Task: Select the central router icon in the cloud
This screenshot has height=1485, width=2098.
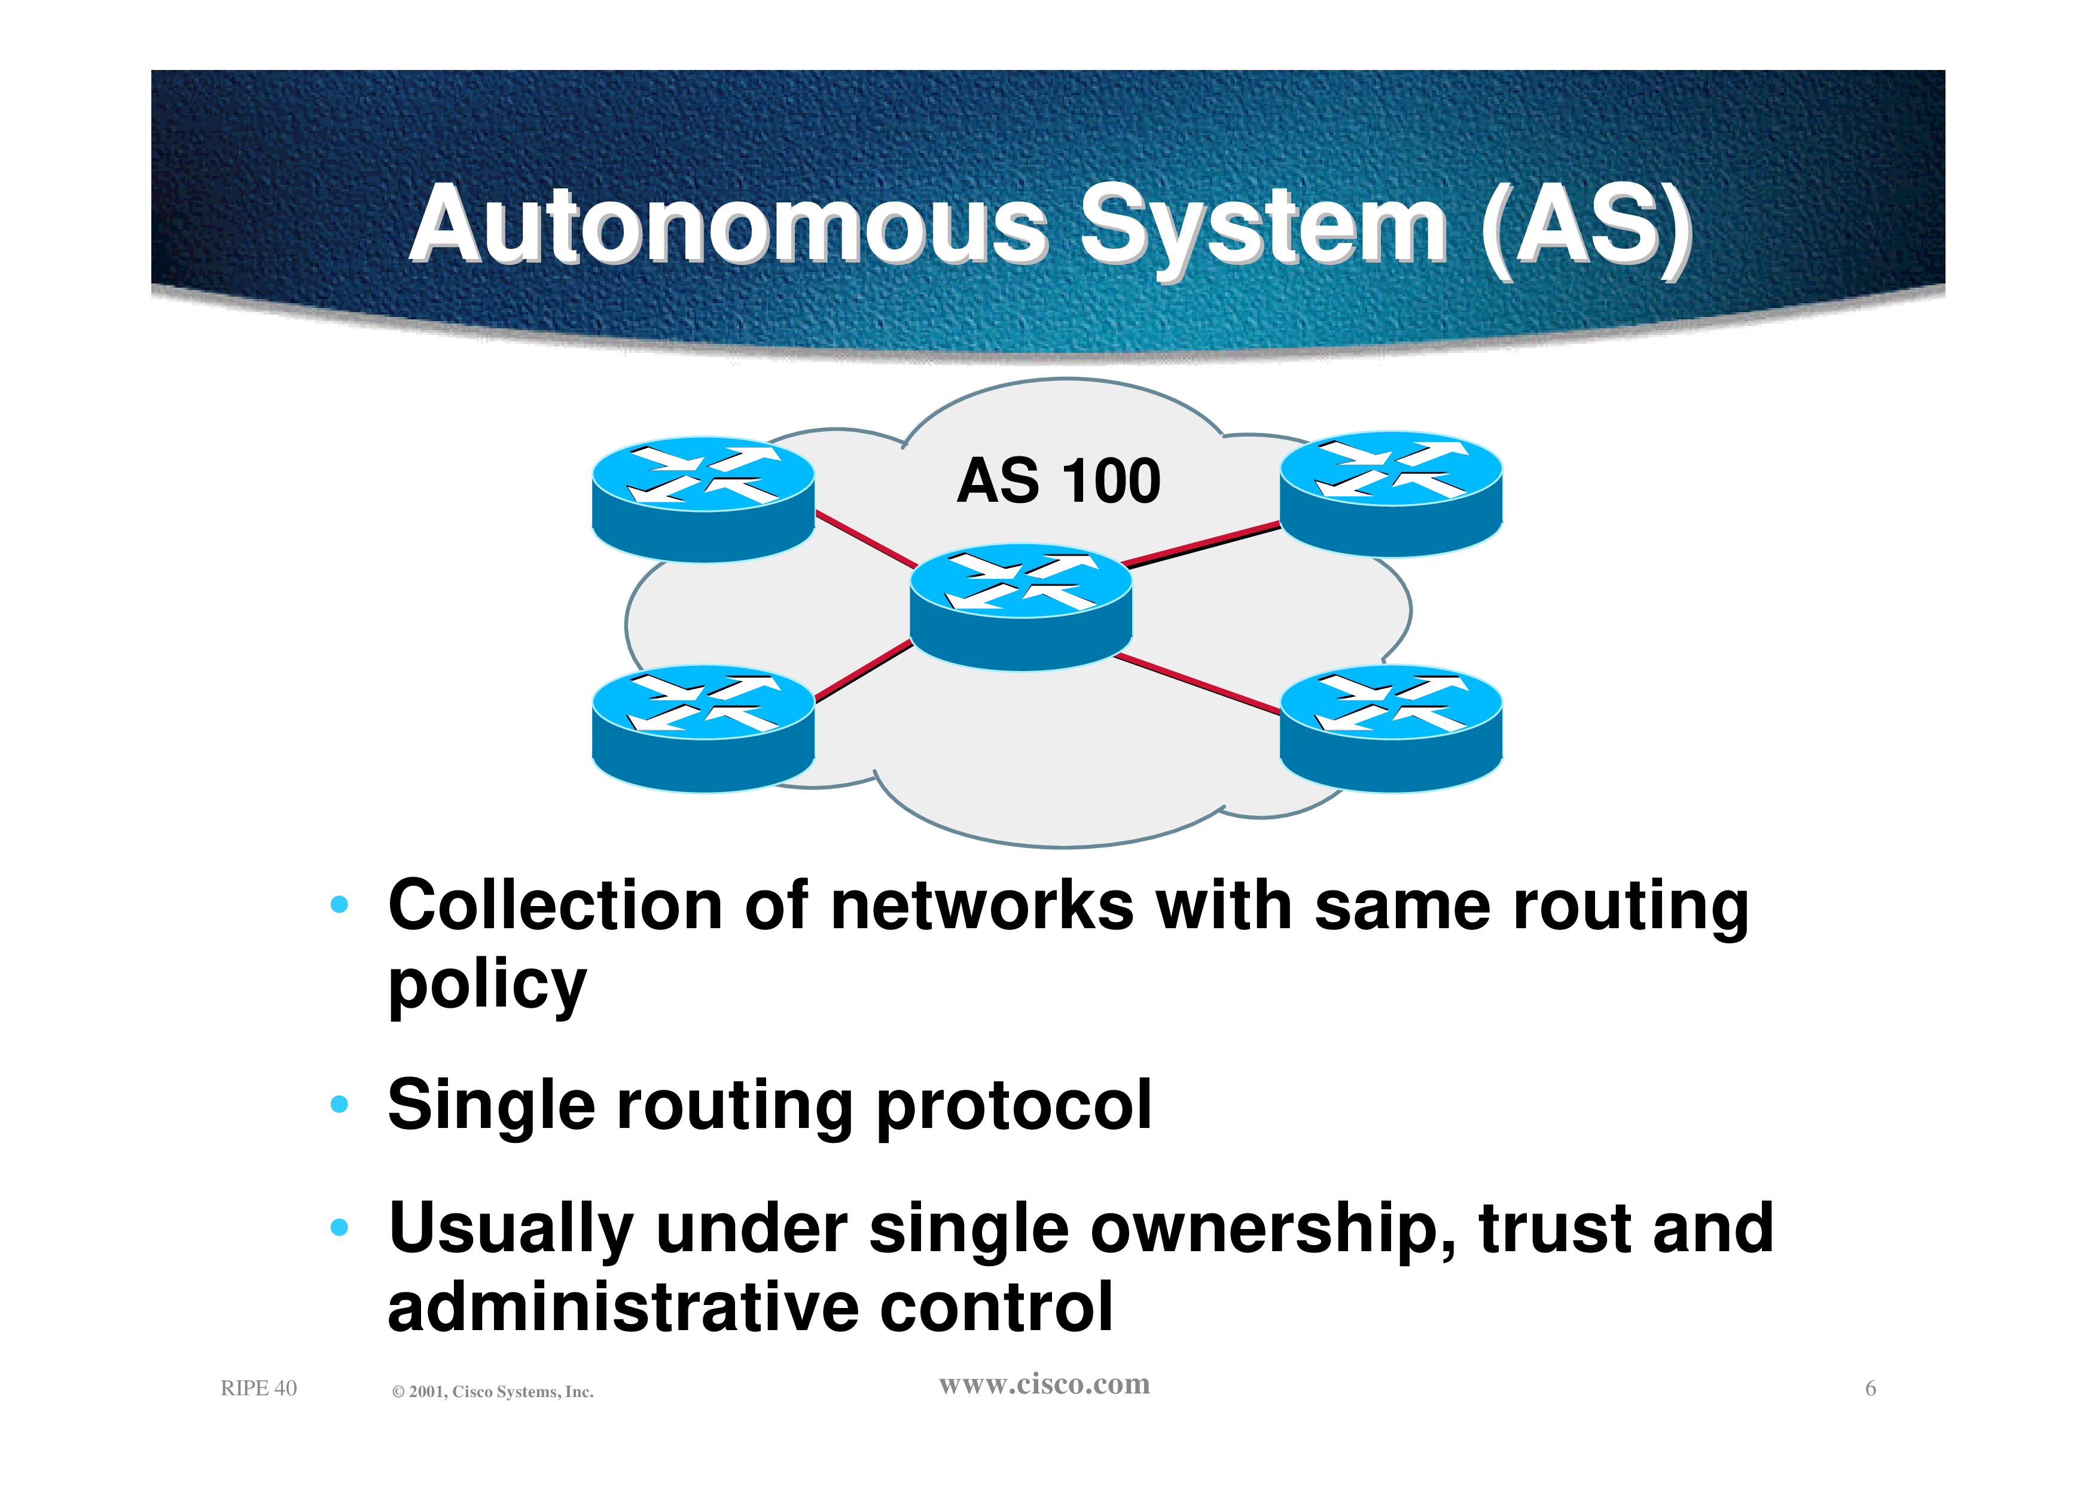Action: click(x=1021, y=607)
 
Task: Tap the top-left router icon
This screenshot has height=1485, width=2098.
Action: click(x=703, y=499)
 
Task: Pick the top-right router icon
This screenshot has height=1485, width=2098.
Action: click(x=1390, y=494)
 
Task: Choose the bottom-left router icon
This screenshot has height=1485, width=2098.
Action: click(x=703, y=729)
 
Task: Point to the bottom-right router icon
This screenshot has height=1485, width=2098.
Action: click(x=1390, y=729)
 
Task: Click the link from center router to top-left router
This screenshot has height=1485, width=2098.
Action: click(x=867, y=539)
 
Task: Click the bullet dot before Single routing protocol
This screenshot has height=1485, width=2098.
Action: click(x=339, y=1103)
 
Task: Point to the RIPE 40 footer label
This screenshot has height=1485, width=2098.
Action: click(x=259, y=1388)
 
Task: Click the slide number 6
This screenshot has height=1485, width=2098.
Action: click(x=1870, y=1389)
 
